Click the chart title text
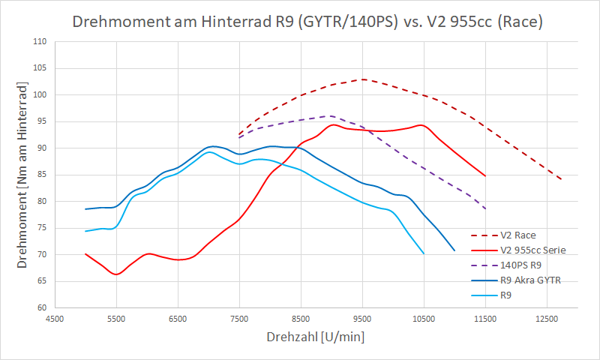[307, 22]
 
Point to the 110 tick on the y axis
[40, 42]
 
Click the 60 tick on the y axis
[43, 307]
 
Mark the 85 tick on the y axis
[43, 175]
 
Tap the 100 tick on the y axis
[40, 95]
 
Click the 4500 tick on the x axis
[54, 318]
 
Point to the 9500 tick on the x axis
[362, 318]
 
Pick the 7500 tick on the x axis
[239, 318]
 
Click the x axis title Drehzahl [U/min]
[315, 337]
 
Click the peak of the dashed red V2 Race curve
[362, 79]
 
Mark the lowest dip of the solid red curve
[116, 274]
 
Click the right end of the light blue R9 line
[424, 253]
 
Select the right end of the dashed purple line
[486, 208]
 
